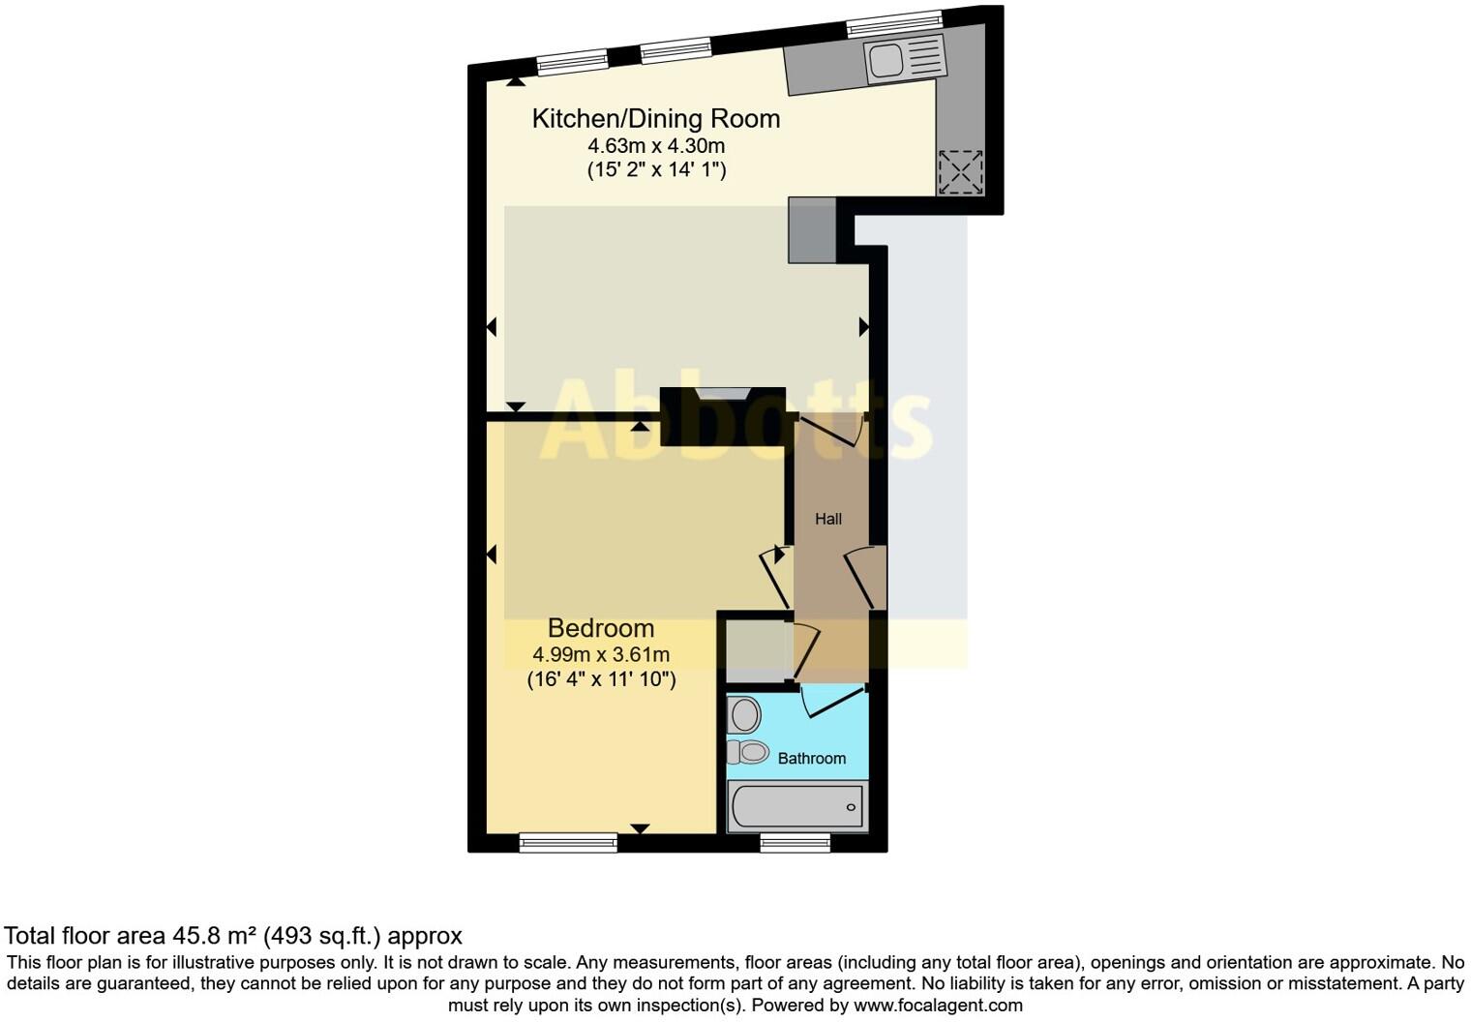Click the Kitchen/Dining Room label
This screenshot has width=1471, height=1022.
coord(655,119)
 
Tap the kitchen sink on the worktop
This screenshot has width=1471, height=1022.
coord(886,61)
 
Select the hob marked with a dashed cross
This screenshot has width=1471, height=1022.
coord(960,172)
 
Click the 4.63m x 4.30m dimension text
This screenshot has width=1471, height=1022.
coord(656,146)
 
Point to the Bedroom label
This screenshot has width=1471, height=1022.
coord(600,628)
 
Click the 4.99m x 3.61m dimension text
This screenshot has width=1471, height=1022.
coord(601,654)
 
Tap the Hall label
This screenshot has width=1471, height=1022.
coord(827,519)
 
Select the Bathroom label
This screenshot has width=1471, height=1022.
coord(811,759)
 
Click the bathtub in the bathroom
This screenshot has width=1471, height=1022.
coord(796,807)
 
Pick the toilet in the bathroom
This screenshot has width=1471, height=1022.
coord(748,751)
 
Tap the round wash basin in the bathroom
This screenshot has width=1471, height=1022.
coord(745,716)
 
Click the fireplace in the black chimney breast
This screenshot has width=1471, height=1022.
coord(723,393)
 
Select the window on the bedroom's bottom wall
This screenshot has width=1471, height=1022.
coord(568,843)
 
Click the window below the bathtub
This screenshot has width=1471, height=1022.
coord(795,843)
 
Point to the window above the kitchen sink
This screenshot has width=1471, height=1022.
coord(893,23)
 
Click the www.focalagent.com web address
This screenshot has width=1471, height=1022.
coord(938,1005)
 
